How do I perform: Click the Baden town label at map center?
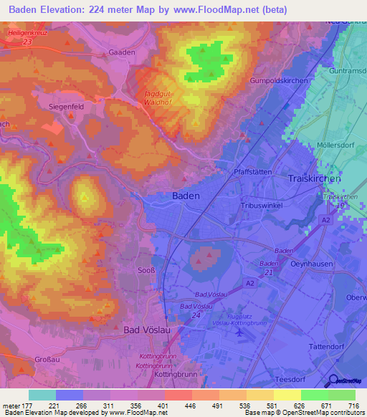186,195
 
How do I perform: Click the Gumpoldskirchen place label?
278,81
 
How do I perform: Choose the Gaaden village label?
121,52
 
